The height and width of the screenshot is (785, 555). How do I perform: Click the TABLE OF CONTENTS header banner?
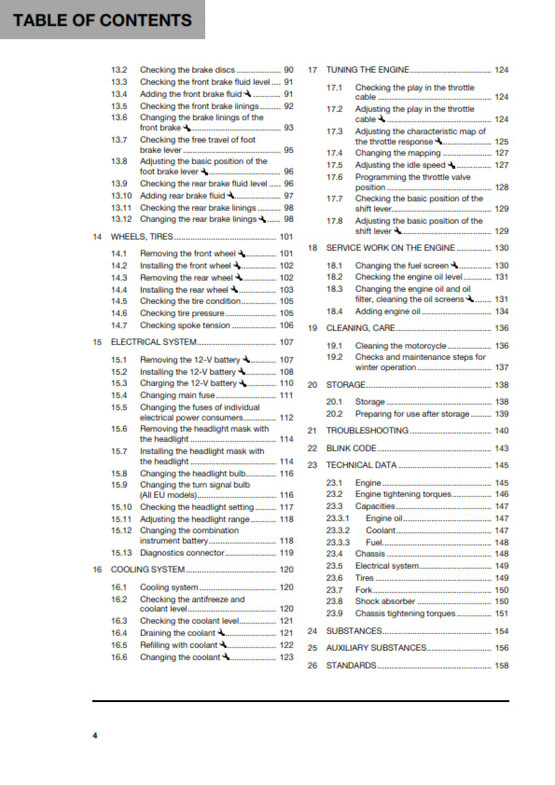pos(103,20)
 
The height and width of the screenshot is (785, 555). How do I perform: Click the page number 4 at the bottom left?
pos(94,736)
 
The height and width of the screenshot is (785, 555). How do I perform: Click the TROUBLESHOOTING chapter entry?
pos(367,431)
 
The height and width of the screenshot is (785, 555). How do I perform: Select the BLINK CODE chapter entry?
pos(351,448)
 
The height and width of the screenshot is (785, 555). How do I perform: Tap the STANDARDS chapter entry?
pos(351,666)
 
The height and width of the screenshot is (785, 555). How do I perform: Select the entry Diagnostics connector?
pos(183,553)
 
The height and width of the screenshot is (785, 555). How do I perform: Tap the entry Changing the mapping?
pos(393,153)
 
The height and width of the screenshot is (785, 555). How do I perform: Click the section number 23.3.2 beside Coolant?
pos(339,530)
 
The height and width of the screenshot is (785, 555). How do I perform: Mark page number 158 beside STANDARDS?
pos(501,666)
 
